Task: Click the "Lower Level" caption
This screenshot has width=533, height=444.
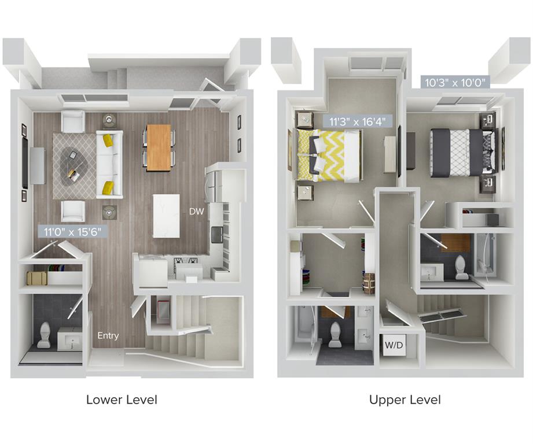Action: click(x=122, y=399)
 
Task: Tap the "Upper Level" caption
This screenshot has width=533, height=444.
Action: click(x=405, y=399)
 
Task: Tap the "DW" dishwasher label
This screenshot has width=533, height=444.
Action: click(x=196, y=212)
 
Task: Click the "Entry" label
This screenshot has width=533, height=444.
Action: click(x=108, y=335)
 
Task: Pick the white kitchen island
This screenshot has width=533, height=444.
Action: click(x=166, y=215)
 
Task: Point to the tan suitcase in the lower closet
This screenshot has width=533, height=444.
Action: click(x=37, y=278)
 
